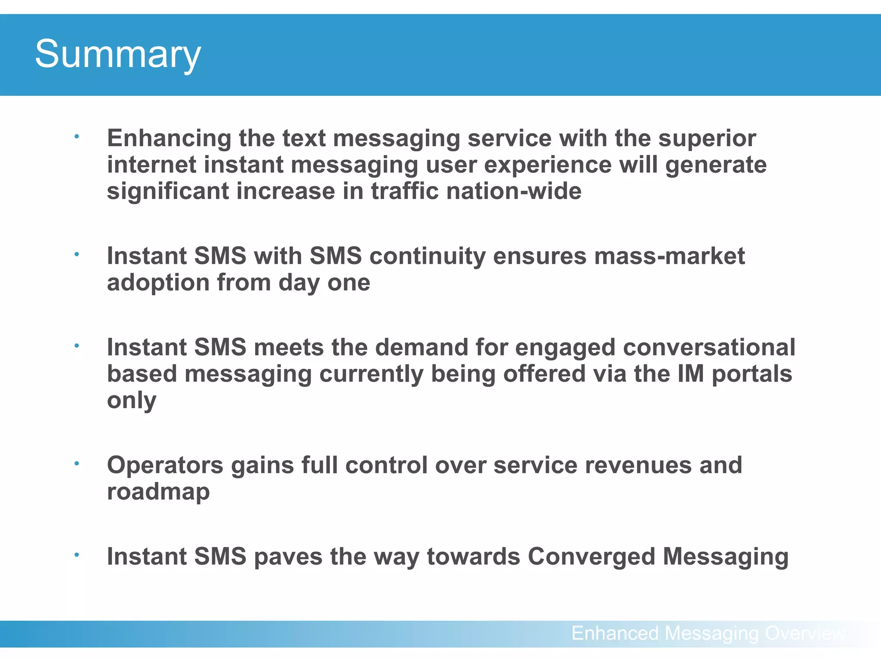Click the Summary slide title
click(x=117, y=54)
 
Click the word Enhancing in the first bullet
click(x=169, y=138)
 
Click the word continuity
click(x=427, y=256)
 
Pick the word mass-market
click(x=669, y=256)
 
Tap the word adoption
click(x=158, y=283)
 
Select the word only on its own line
click(x=131, y=400)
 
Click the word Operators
click(x=165, y=465)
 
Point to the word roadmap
click(x=158, y=492)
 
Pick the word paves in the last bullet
click(x=288, y=556)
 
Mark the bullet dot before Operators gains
click(x=77, y=463)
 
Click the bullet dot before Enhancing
click(x=77, y=137)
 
